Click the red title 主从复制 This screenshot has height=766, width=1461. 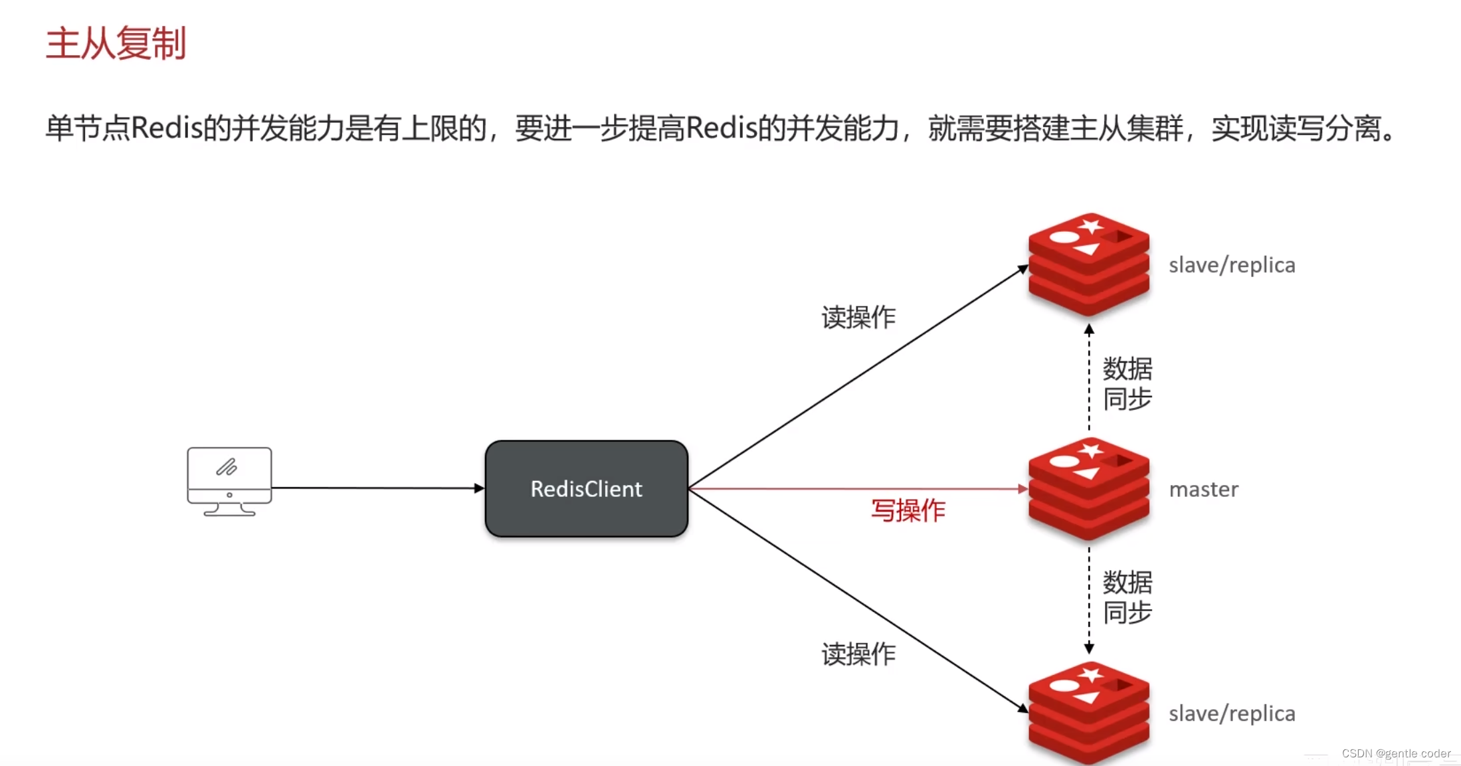[116, 44]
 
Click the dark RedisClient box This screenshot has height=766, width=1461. [586, 489]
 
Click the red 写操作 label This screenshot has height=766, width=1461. [908, 510]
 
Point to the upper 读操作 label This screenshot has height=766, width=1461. [858, 318]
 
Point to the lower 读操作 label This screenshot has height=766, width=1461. [858, 654]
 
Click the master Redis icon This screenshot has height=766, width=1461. [1088, 489]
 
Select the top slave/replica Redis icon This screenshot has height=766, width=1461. [1088, 264]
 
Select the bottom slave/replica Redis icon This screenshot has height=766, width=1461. [1088, 712]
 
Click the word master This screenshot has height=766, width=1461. [1203, 490]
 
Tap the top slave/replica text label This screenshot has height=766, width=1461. [1232, 265]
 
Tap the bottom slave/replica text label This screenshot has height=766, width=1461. [1232, 714]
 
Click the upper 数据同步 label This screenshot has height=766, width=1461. [1127, 384]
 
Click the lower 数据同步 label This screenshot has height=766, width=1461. [1127, 597]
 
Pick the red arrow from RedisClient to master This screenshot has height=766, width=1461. [857, 489]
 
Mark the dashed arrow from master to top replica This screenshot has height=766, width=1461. [1089, 379]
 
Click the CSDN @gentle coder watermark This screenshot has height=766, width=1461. [1396, 753]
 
